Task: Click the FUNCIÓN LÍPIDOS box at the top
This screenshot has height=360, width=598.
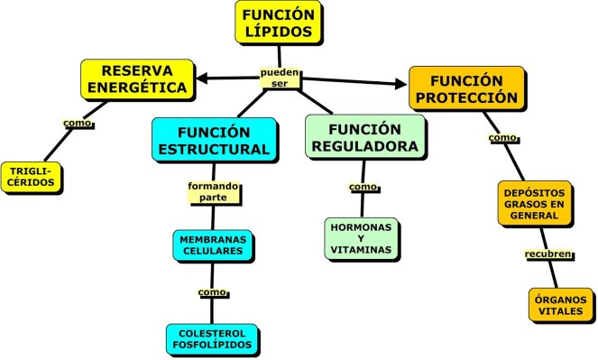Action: point(279,23)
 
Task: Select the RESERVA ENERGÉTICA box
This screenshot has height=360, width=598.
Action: point(137,79)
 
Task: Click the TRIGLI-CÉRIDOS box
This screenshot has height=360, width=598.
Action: point(33,175)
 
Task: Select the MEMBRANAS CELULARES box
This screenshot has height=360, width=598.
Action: point(211,244)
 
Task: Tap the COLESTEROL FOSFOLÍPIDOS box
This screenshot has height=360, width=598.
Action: point(212,338)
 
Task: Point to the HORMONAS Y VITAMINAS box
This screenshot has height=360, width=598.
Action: point(361,237)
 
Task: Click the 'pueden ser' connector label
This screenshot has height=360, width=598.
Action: point(280,78)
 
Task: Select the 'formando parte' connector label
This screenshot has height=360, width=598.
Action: point(207,191)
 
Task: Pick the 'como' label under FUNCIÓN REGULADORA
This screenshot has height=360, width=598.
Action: point(362,187)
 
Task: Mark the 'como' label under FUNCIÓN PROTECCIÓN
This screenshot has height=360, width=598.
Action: point(501,138)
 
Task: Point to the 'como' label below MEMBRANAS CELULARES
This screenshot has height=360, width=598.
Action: point(211,293)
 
